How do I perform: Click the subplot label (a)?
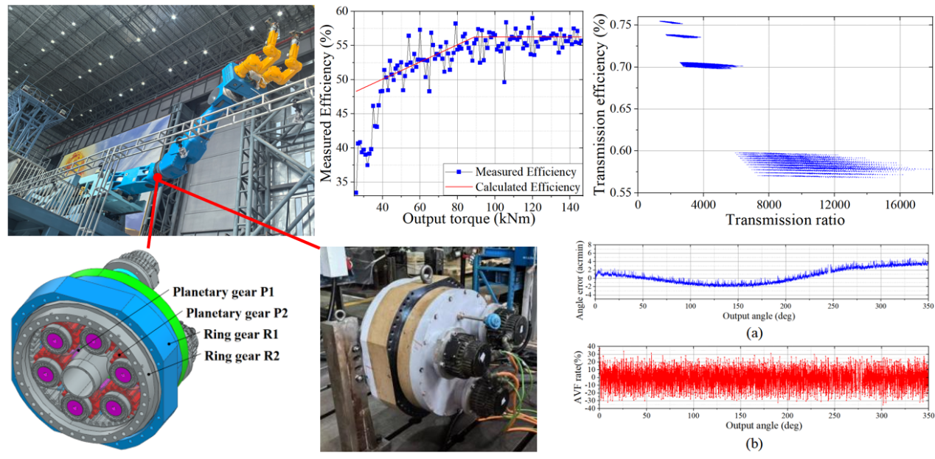(x=754, y=333)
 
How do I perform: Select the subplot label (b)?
(x=754, y=444)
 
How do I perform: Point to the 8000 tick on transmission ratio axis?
(x=770, y=204)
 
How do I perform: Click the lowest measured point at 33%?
(x=355, y=192)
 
